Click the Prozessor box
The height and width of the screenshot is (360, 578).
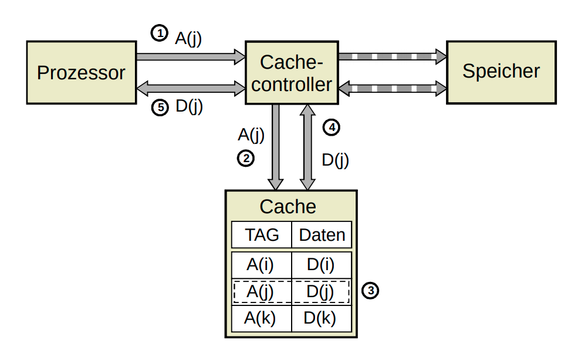tap(81, 72)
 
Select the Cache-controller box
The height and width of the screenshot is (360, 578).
tap(291, 73)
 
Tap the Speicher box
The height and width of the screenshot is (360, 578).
tap(501, 72)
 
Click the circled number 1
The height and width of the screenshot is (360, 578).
tap(159, 33)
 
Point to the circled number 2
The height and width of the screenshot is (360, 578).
tap(245, 157)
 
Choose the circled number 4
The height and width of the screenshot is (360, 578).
tap(332, 127)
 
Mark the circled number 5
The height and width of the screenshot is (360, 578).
tap(159, 107)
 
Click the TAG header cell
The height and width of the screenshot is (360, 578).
tap(262, 235)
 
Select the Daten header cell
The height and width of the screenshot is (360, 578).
tap(322, 235)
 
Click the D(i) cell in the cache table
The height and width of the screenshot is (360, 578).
tap(321, 265)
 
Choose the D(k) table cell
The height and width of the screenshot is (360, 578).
tap(321, 318)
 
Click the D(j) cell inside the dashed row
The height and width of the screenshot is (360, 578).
tap(321, 291)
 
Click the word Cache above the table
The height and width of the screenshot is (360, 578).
tap(288, 207)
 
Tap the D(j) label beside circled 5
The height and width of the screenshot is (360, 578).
tap(189, 107)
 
